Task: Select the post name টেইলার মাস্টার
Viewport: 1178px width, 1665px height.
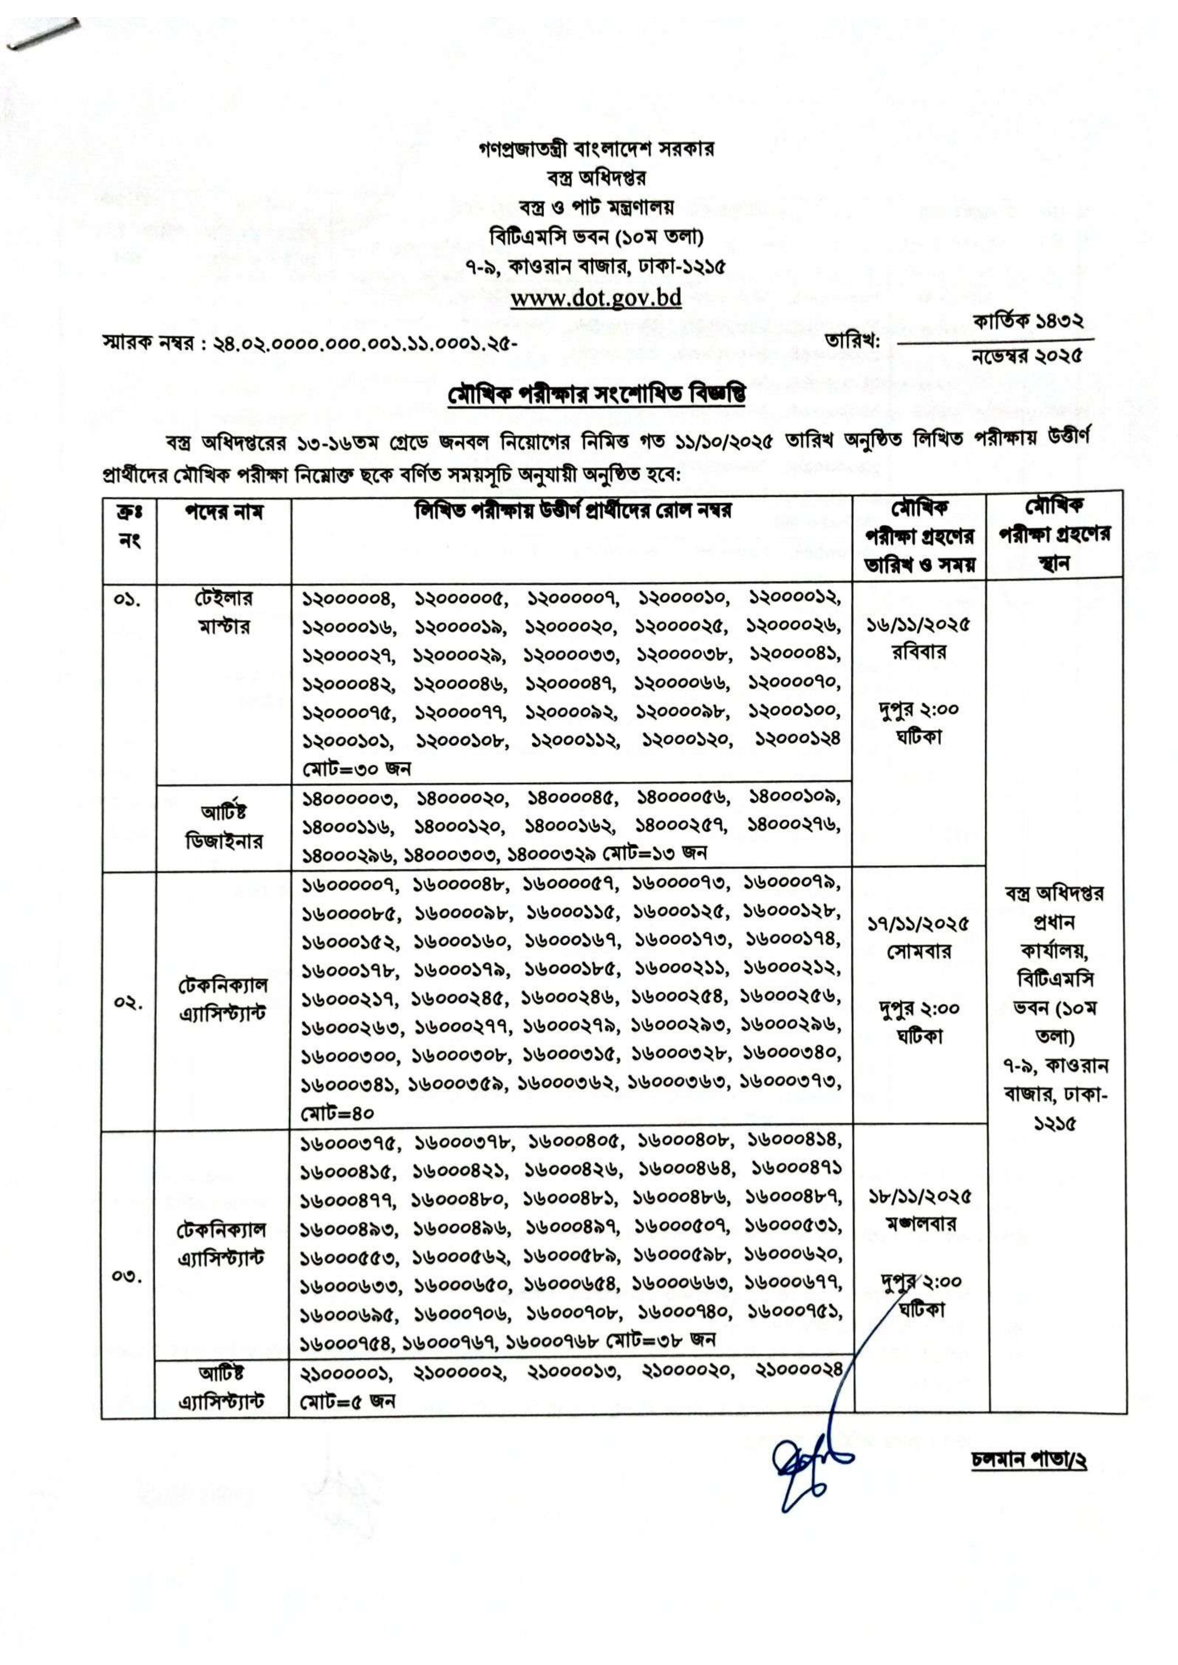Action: pos(224,612)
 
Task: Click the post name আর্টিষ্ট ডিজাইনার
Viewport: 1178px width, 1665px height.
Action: pos(224,827)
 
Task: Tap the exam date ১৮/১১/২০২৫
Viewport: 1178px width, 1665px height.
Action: pos(920,1197)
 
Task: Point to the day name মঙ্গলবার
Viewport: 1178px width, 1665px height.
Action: pos(920,1224)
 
